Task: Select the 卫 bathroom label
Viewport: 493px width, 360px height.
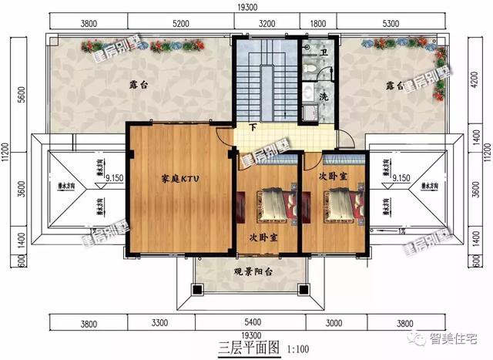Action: (x=324, y=53)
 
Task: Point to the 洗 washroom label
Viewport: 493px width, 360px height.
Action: (x=324, y=98)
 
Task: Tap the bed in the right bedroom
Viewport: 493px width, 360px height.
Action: (x=339, y=204)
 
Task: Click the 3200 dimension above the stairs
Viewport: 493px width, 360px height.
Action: (x=267, y=23)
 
